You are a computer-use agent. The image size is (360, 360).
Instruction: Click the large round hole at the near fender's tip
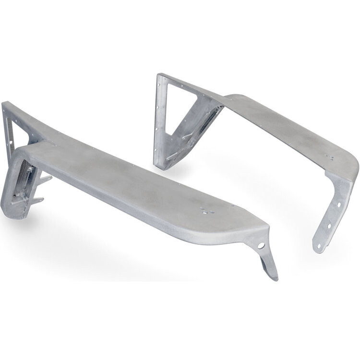(x=261, y=245)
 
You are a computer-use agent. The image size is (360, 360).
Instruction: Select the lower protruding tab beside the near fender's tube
(x=38, y=200)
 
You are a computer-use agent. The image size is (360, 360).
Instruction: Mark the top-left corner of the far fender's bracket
(x=159, y=74)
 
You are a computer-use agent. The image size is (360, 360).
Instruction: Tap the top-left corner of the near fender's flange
(x=4, y=103)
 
